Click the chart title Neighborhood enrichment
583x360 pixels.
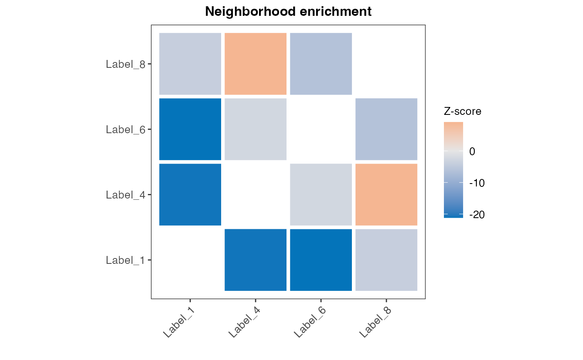(288, 12)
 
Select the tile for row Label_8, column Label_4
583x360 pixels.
(256, 64)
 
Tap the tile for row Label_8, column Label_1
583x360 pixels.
(190, 64)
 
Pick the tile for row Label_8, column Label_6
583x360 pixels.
(321, 64)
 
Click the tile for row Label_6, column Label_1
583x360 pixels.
(190, 129)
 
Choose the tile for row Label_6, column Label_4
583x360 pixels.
(256, 129)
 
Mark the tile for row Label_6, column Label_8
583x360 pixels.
(386, 129)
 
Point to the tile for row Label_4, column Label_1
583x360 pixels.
(190, 194)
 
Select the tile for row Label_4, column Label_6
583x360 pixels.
(321, 194)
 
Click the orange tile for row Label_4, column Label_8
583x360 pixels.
(386, 194)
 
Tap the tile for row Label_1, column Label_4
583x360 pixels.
(256, 260)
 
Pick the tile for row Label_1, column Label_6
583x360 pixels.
(321, 260)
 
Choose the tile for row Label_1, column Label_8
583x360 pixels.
(386, 260)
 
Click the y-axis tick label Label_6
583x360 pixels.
(125, 129)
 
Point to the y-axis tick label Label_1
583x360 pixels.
(125, 261)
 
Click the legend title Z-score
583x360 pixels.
(462, 112)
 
